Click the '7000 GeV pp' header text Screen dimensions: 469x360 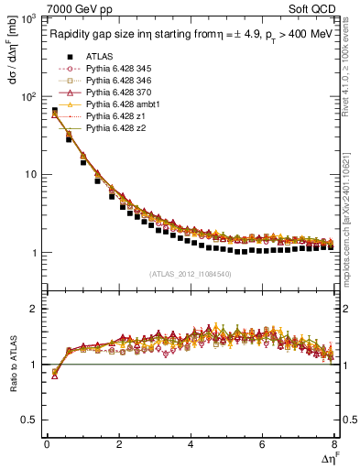tap(75, 7)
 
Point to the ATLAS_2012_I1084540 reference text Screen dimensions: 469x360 tap(191, 274)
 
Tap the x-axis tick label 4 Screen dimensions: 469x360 tap(191, 444)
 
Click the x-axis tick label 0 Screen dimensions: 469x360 tap(47, 444)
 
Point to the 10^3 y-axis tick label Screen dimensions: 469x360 tap(28, 19)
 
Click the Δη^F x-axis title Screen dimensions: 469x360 tap(328, 458)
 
